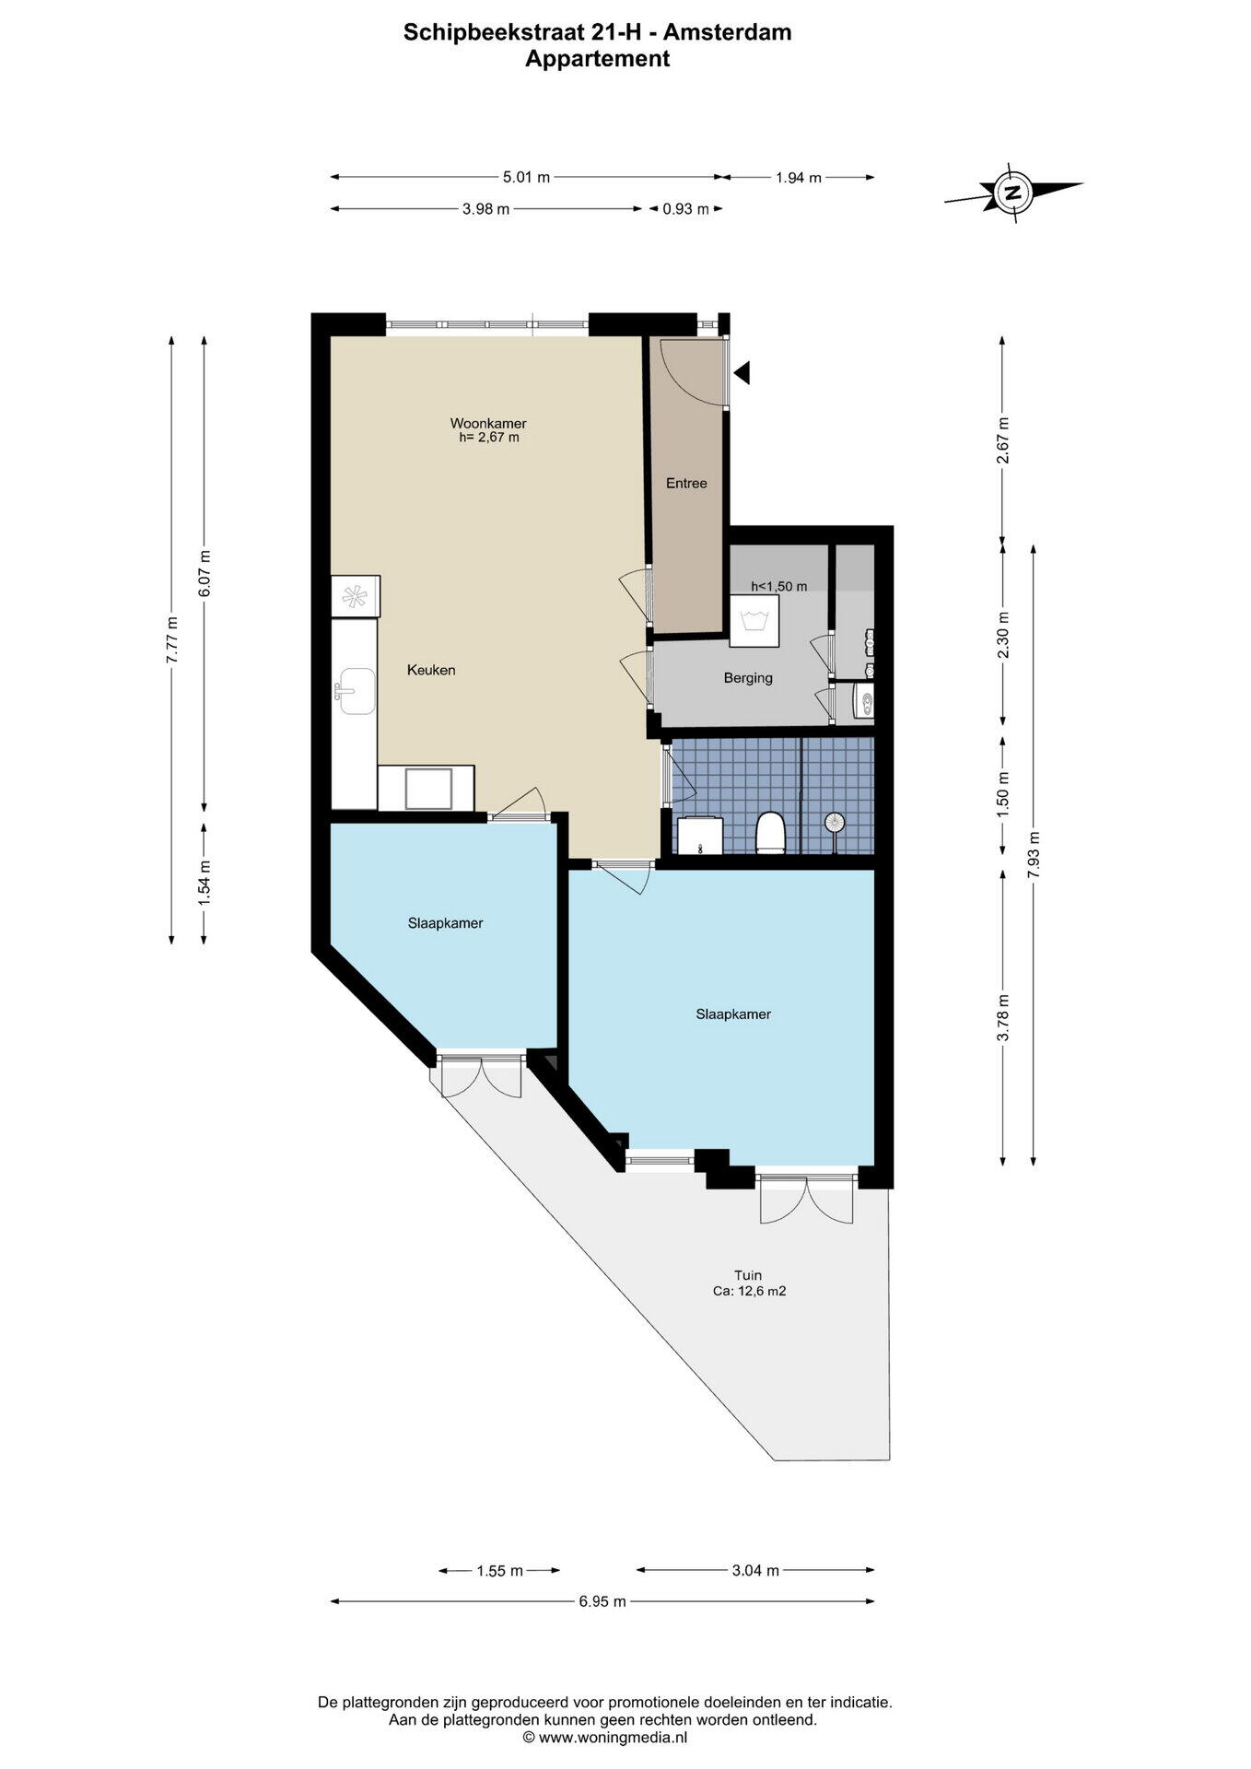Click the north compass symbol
point(1013,193)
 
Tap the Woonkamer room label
point(488,424)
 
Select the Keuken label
point(431,670)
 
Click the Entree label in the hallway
point(686,483)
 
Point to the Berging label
point(748,678)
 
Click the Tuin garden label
point(748,1275)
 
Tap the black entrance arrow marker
point(742,372)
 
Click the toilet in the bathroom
point(769,833)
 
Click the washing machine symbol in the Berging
point(754,618)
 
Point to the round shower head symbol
point(835,822)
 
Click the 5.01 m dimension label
point(526,177)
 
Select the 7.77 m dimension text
point(170,638)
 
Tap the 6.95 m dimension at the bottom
point(602,1601)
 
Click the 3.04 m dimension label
point(755,1570)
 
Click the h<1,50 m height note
point(779,586)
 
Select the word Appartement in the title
point(597,59)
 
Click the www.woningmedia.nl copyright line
point(605,1738)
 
